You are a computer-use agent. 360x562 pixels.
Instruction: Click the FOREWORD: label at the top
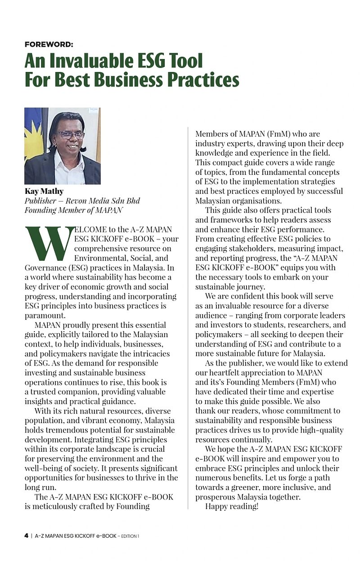[x=49, y=44]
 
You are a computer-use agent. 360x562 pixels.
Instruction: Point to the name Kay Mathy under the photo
[x=43, y=191]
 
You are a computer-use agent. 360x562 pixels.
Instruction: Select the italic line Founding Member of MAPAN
[x=73, y=210]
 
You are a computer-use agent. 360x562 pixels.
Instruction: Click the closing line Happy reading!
[x=231, y=506]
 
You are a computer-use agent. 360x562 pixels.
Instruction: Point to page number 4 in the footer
[x=26, y=536]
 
